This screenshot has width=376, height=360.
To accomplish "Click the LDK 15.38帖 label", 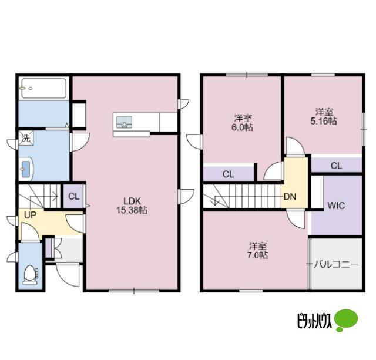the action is [132, 206].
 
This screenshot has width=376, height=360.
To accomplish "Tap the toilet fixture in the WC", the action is [31, 275].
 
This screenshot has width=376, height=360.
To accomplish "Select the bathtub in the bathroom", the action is [44, 88].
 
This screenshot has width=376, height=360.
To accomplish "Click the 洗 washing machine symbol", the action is [26, 138].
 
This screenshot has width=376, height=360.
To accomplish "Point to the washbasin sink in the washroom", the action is [26, 169].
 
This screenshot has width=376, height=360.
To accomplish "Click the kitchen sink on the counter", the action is [124, 122].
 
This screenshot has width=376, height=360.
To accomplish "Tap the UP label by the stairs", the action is [30, 215].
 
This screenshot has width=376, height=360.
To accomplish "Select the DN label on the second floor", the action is [290, 197].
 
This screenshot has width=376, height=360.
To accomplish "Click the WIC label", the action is [336, 206].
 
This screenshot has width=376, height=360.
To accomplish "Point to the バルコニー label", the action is [336, 264].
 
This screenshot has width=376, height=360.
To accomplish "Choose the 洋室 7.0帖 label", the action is [257, 250].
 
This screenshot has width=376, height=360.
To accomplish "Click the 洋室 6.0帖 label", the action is [243, 123].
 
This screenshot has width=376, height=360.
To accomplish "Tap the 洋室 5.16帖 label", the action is [324, 116].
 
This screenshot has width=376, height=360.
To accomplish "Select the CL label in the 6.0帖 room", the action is [228, 174].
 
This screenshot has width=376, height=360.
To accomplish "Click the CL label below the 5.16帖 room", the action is [336, 166].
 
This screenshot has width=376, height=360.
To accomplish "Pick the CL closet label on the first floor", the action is [73, 197].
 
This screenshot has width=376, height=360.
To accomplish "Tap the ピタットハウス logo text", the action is [314, 321].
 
